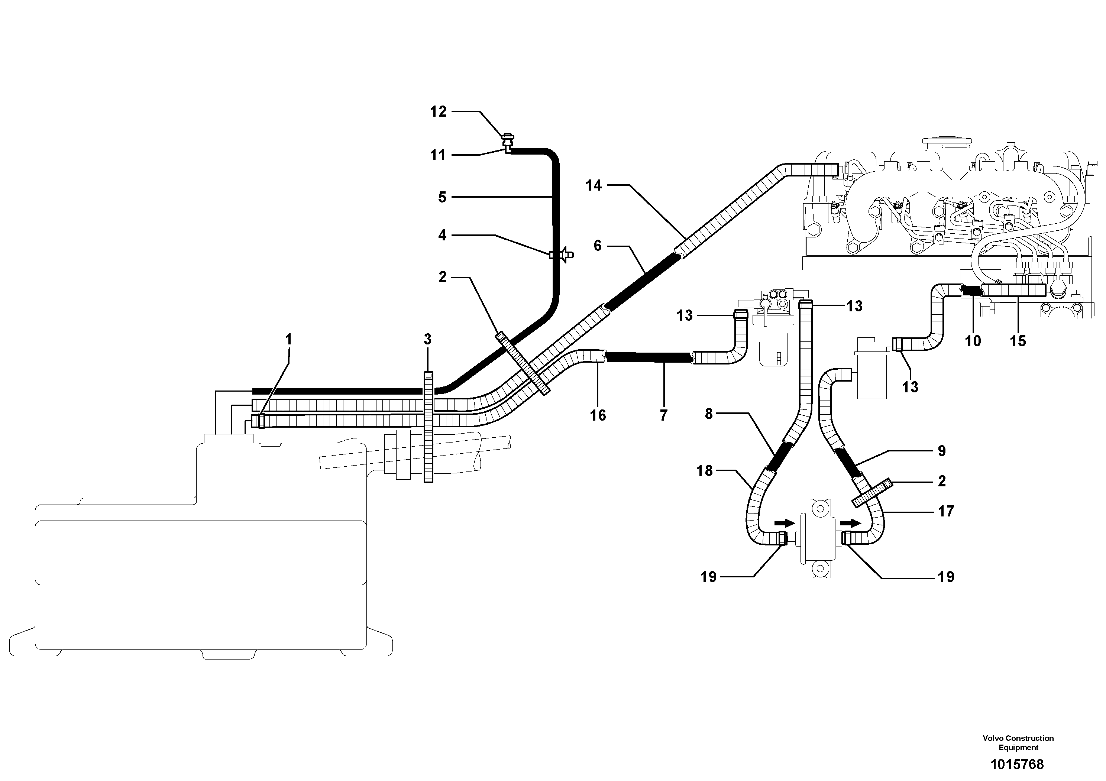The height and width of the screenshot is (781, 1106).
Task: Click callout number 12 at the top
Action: [x=438, y=112]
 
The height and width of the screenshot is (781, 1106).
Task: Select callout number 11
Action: [x=437, y=155]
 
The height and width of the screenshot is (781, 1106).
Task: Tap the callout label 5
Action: [x=442, y=197]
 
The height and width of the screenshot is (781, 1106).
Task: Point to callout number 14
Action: [x=594, y=185]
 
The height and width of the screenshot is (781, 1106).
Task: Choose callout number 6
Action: [x=597, y=246]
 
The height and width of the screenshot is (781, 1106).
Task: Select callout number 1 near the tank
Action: [x=288, y=340]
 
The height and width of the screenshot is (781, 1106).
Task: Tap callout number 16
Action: [x=598, y=415]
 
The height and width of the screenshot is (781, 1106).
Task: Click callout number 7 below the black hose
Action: [x=663, y=415]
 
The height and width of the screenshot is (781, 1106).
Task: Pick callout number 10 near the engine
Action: [x=973, y=341]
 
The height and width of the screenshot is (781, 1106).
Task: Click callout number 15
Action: [x=1018, y=341]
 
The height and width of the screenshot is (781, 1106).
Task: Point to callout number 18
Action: [x=704, y=470]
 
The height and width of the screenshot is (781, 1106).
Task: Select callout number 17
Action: [x=945, y=511]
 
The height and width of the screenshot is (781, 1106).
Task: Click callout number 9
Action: [x=942, y=451]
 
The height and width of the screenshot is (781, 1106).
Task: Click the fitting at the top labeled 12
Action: [x=508, y=139]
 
